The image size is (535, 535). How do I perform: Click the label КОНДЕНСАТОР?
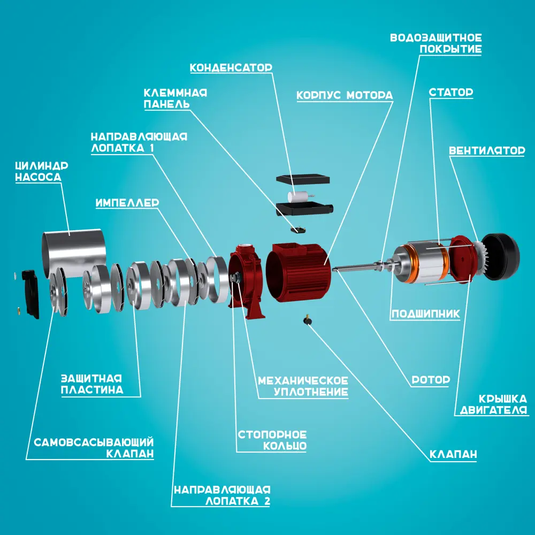coord(231,67)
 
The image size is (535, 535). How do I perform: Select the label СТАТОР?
coord(450,92)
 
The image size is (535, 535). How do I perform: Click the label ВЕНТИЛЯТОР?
coord(487,150)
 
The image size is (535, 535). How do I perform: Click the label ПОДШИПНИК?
coord(425,314)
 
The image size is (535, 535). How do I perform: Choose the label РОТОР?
coord(431,379)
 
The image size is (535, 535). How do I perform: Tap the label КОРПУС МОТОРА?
coord(345,95)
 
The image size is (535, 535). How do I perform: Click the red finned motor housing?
coord(298,272)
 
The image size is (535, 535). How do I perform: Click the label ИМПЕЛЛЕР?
coord(127,203)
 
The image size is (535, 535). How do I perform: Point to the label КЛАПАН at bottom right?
coord(453,454)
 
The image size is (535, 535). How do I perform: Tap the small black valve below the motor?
coord(308,320)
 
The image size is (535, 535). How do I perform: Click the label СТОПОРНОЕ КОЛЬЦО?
coord(272,440)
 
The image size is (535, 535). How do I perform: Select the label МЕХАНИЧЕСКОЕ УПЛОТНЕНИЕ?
coord(303,386)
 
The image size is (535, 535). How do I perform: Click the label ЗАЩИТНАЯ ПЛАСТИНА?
coord(92,384)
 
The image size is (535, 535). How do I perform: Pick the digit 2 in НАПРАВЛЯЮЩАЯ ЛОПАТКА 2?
coord(266,501)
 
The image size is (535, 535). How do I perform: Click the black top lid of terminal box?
coord(303,179)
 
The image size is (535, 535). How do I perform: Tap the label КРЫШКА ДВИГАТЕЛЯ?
coord(493,404)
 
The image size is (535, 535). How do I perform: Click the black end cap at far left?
coord(30,293)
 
